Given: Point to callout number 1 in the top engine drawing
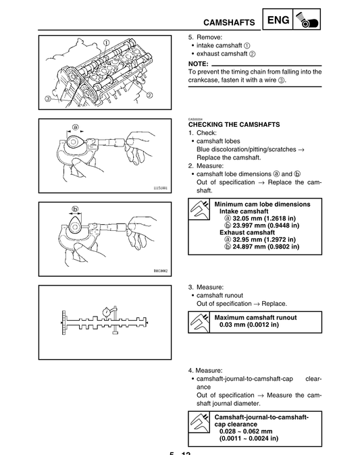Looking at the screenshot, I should click(x=107, y=41).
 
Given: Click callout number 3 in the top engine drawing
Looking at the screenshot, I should click(x=48, y=99).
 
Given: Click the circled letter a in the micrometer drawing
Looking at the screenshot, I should click(x=76, y=127).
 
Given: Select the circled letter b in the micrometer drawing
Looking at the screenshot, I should click(x=76, y=209).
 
